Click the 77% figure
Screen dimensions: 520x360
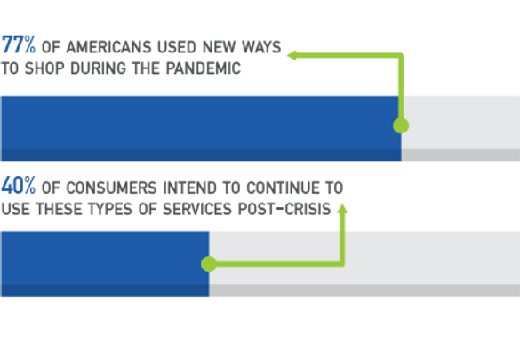[19, 44]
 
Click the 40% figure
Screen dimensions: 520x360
[19, 186]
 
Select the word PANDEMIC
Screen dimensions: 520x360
[203, 68]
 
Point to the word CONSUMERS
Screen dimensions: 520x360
[111, 188]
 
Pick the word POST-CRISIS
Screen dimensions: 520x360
[284, 209]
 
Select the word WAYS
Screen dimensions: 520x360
[261, 47]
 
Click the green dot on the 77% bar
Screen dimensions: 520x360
[401, 125]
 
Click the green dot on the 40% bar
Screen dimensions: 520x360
[209, 264]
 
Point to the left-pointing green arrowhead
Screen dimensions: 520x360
[292, 55]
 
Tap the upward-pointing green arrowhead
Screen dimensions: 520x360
[342, 209]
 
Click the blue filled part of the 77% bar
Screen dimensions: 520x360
[201, 129]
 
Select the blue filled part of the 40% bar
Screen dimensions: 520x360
[105, 264]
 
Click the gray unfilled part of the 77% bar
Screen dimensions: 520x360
[460, 129]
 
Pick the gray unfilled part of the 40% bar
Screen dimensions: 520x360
[364, 264]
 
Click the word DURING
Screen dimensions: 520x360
[99, 68]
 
